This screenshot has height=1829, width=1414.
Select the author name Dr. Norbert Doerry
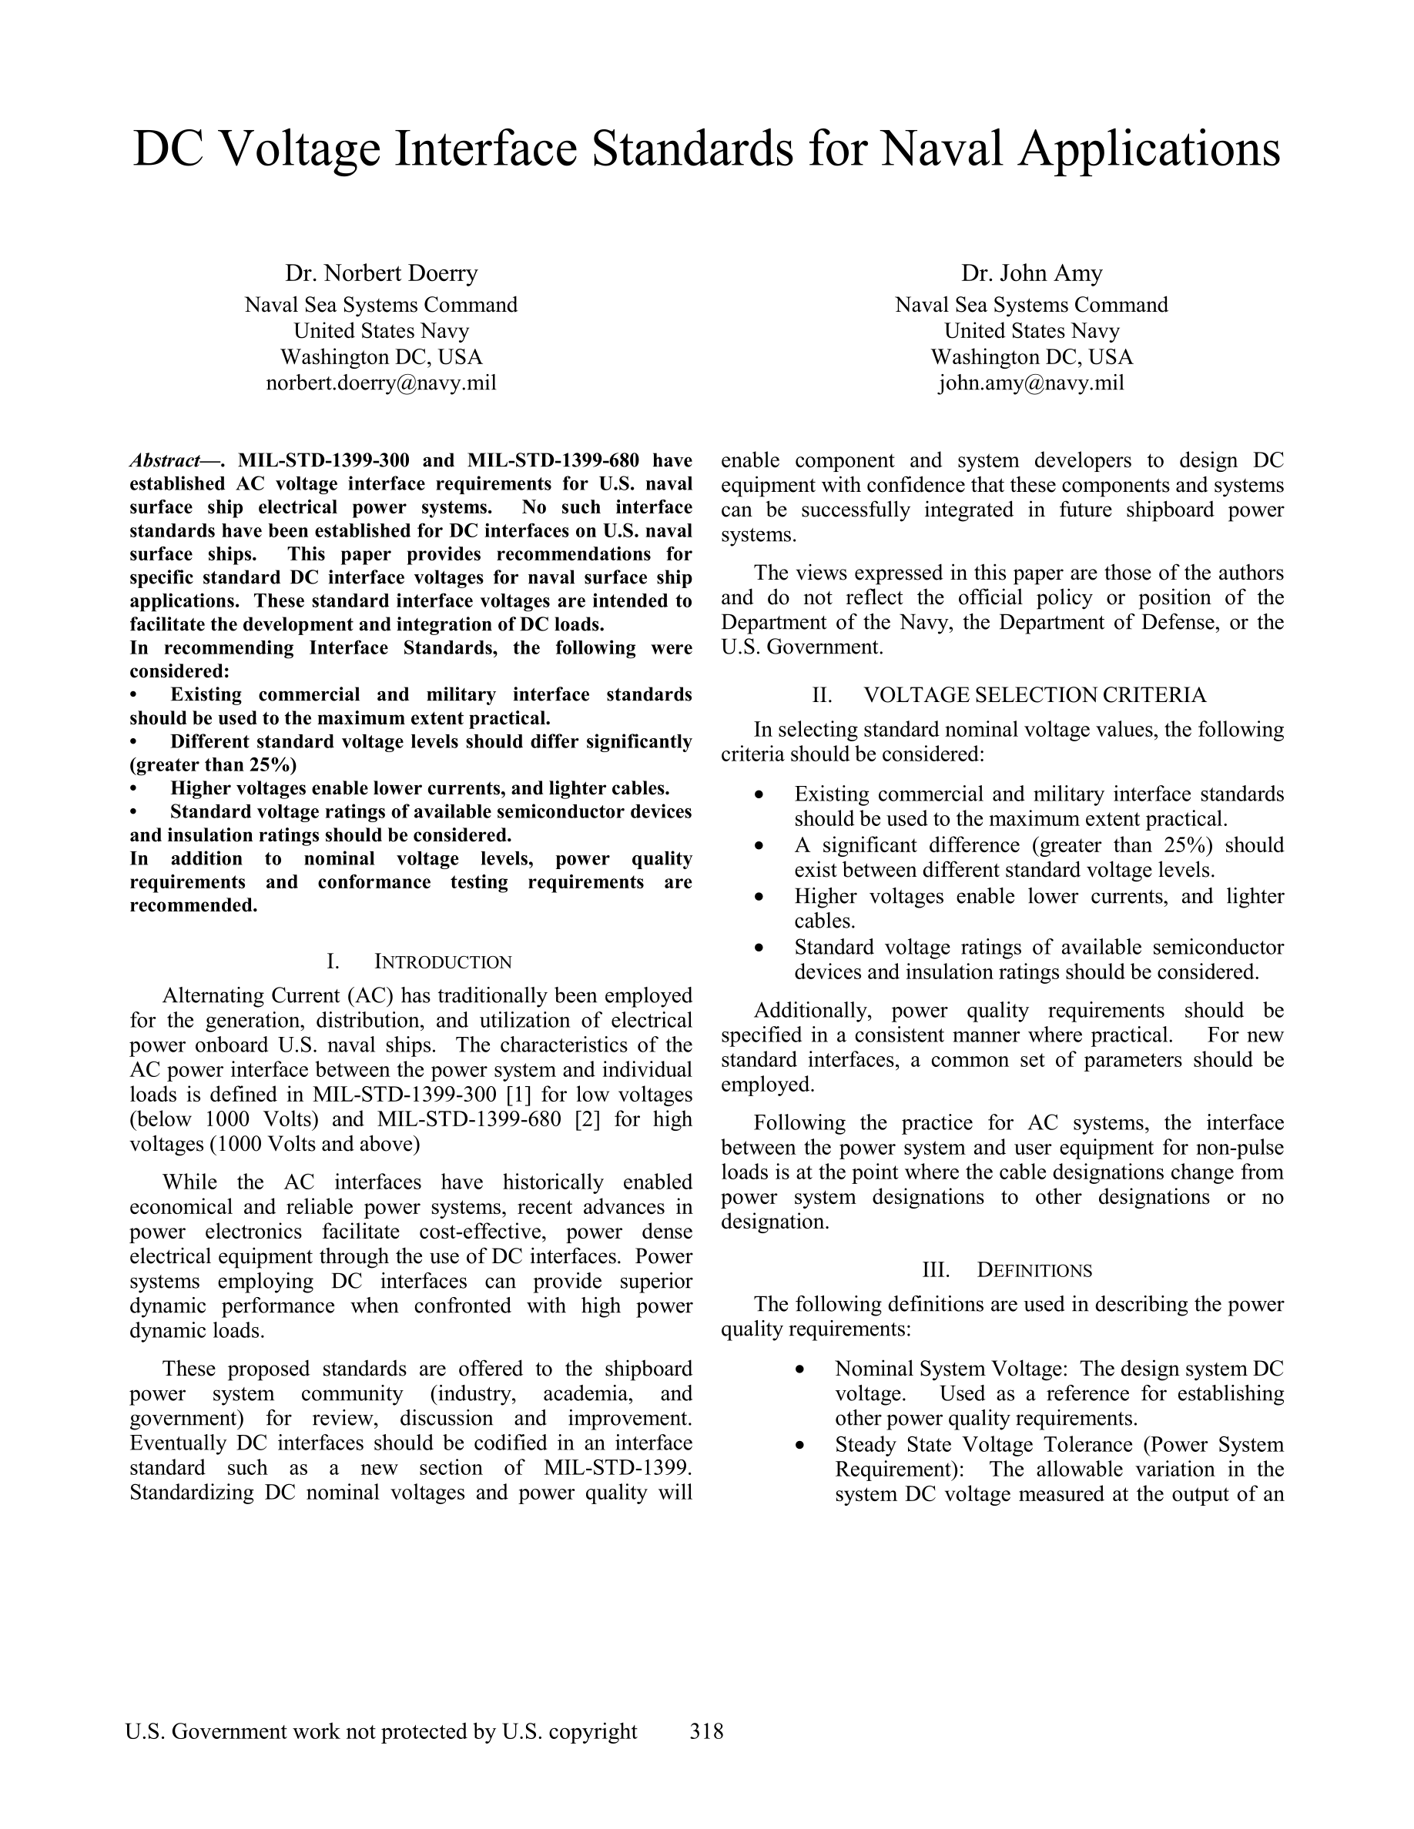click(x=381, y=273)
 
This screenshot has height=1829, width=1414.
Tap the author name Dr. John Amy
click(x=1031, y=273)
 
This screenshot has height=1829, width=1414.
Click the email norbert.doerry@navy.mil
click(x=381, y=383)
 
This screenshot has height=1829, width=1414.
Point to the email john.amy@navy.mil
click(x=1031, y=383)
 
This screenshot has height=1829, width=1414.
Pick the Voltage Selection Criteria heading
click(x=1034, y=694)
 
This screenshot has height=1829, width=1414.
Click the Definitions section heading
click(x=1034, y=1269)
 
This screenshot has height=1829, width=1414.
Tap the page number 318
click(x=706, y=1731)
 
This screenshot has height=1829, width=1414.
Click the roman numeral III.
click(x=936, y=1269)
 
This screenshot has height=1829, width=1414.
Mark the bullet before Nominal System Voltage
click(x=801, y=1369)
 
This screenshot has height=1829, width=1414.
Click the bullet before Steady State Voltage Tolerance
click(x=801, y=1445)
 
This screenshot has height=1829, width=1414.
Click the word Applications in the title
click(x=1149, y=149)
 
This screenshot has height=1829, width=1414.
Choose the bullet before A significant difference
click(x=759, y=846)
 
